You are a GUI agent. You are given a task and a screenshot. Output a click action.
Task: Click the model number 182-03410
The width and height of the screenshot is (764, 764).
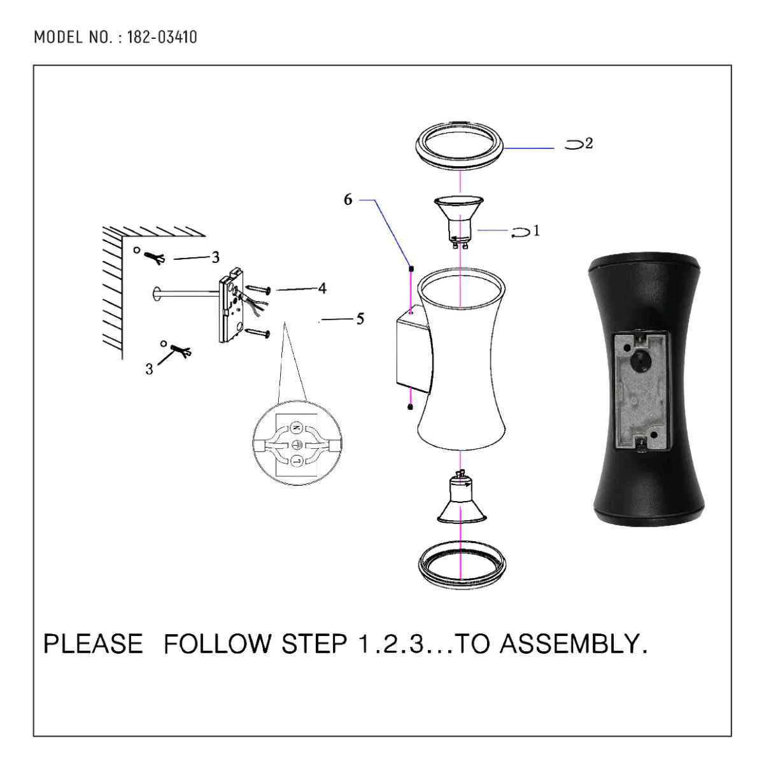point(162,37)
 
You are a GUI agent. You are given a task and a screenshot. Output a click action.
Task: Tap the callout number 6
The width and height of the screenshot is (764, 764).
point(348,200)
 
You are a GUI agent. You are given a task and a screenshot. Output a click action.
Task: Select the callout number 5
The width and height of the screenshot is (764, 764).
point(360,319)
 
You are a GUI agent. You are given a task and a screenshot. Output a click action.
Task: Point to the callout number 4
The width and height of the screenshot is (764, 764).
point(322,288)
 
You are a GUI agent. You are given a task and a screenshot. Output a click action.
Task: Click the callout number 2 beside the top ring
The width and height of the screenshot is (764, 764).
point(589,144)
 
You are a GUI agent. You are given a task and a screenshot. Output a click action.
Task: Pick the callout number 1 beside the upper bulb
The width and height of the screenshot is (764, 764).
point(536,230)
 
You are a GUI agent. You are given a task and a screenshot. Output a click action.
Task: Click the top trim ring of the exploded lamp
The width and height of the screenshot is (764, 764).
point(460,146)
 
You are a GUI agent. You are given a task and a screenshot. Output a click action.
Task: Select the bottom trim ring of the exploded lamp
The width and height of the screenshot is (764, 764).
point(460,563)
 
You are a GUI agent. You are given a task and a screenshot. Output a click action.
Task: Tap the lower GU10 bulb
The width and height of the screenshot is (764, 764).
point(460,500)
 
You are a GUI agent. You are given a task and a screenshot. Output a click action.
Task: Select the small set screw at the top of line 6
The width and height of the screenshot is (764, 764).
point(411,268)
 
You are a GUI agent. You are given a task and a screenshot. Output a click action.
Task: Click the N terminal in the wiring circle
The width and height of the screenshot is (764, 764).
point(296,427)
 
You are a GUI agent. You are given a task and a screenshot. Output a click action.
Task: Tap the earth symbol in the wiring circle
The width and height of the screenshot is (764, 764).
point(296,444)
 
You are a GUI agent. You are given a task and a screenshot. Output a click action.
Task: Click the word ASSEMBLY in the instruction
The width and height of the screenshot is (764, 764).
point(572,644)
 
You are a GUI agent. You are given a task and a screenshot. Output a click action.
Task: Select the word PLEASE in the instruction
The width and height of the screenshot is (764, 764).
point(93,644)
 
